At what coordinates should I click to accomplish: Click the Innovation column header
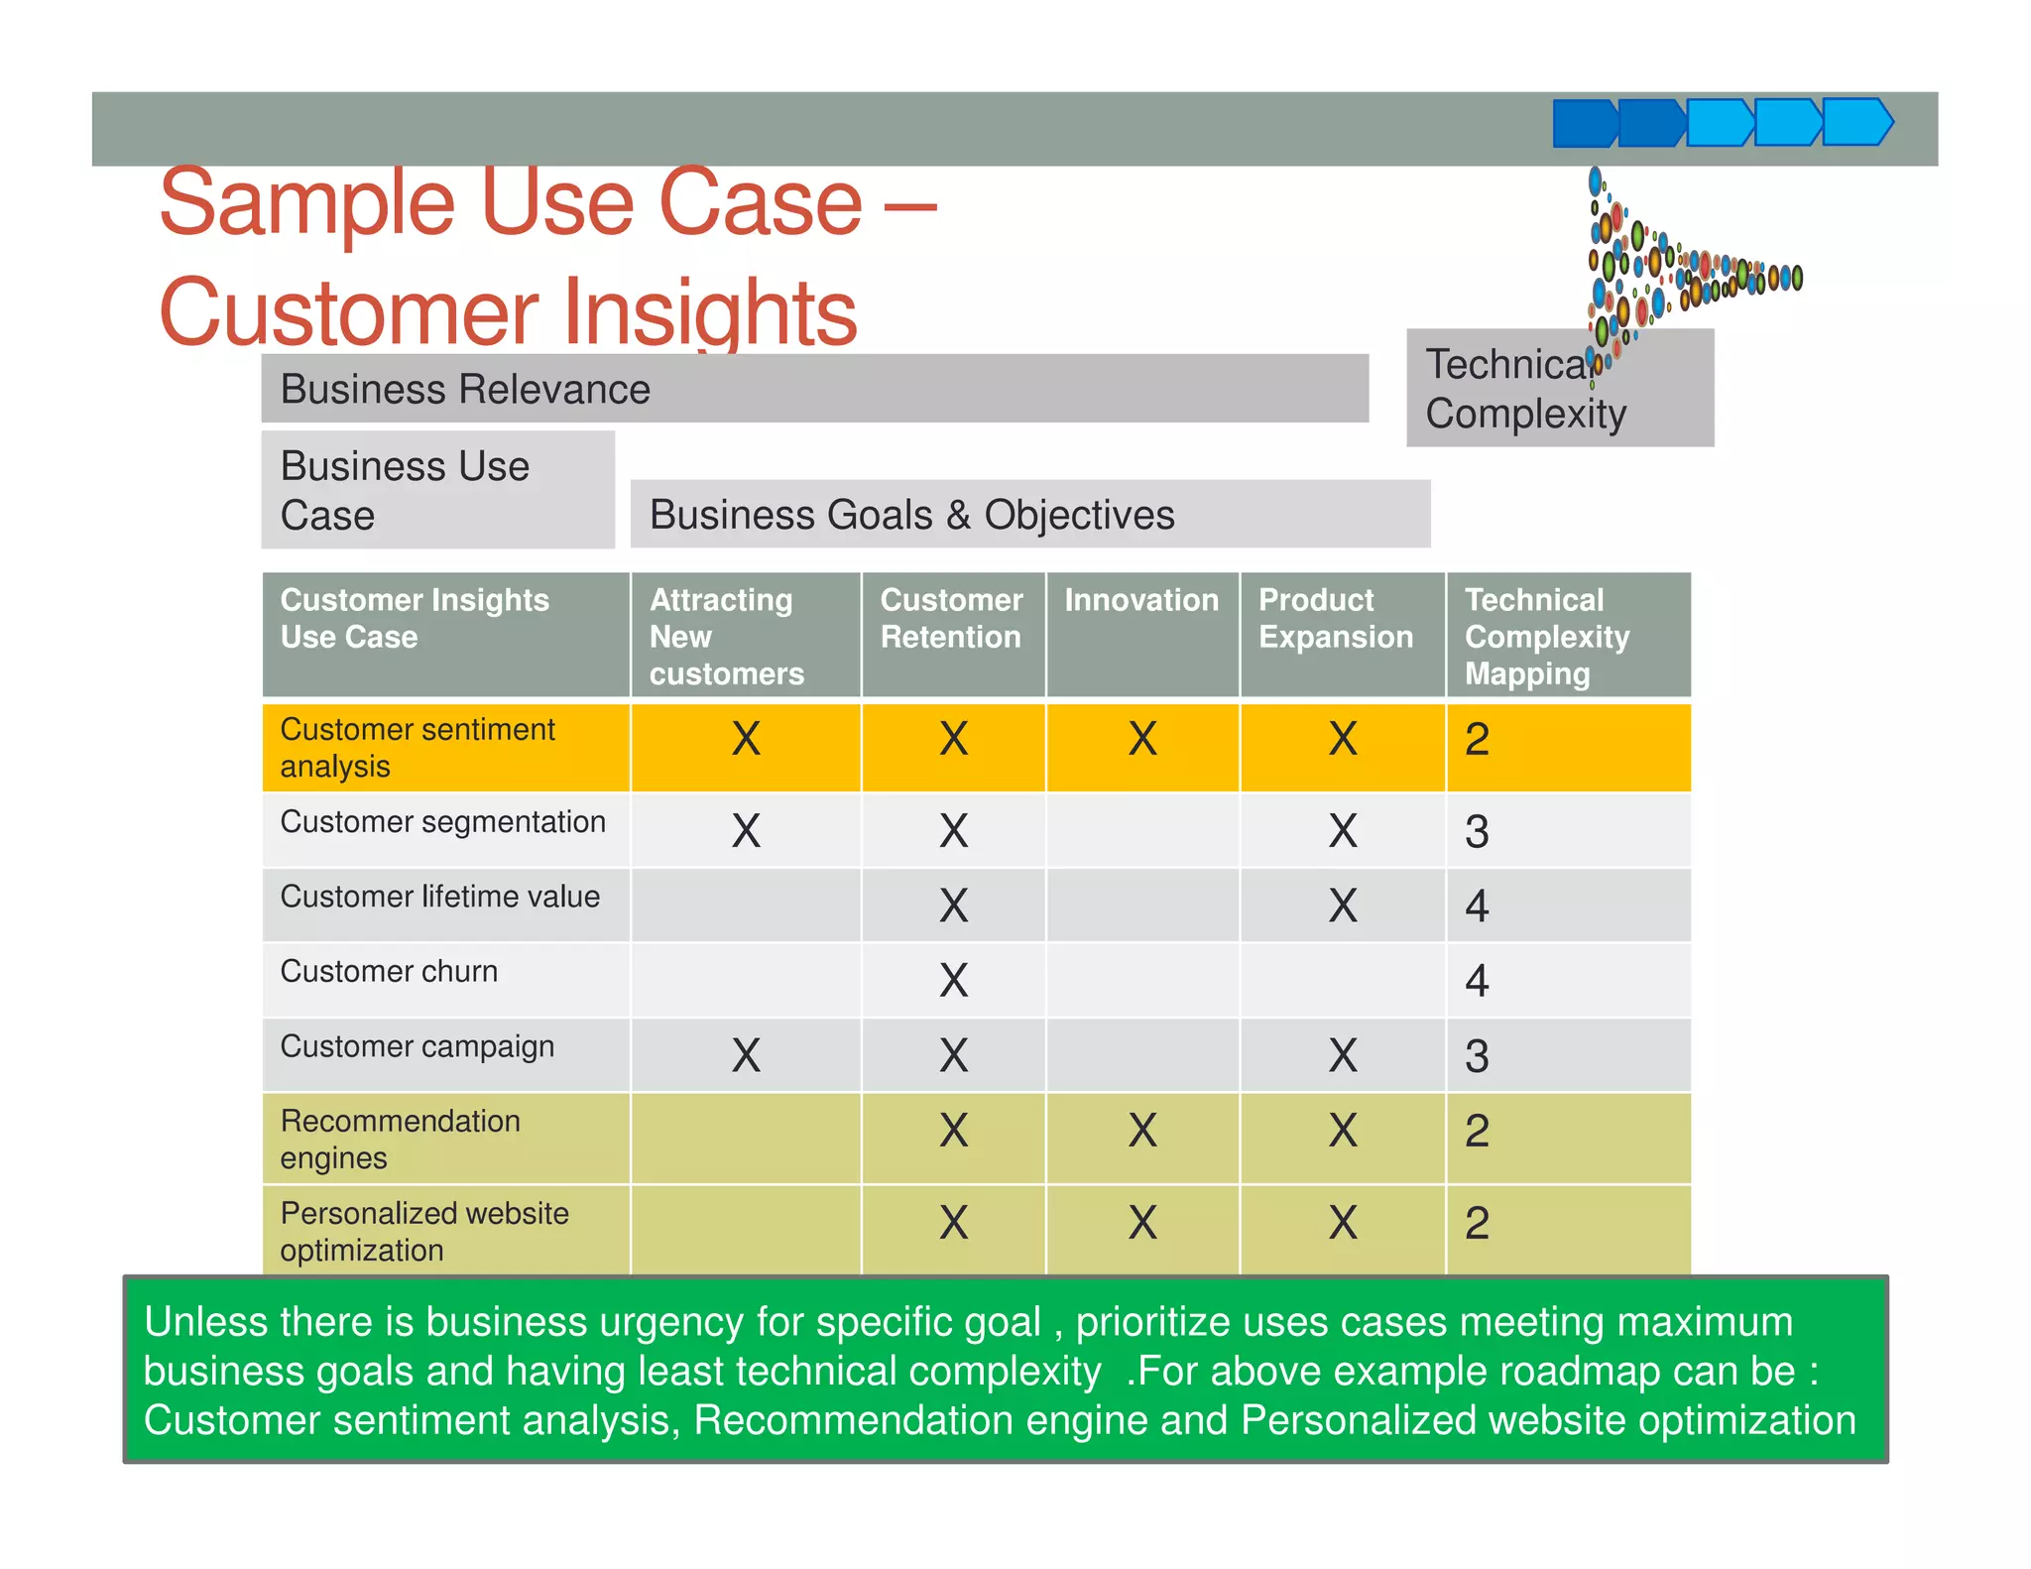click(1141, 600)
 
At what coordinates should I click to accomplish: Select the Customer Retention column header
click(951, 618)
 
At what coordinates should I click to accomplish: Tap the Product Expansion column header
click(1336, 618)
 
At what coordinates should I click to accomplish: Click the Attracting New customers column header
click(726, 636)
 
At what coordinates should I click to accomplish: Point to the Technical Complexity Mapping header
click(1547, 636)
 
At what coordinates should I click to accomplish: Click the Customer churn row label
click(389, 971)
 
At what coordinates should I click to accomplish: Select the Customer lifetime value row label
click(439, 897)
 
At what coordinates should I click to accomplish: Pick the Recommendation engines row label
click(400, 1139)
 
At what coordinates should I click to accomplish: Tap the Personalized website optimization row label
click(424, 1231)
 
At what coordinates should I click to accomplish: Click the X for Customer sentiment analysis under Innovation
click(1142, 739)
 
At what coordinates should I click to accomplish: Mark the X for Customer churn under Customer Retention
click(953, 980)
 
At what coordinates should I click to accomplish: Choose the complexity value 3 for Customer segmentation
click(1477, 831)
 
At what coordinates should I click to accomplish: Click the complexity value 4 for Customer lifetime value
click(1477, 905)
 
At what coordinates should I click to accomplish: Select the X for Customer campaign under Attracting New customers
click(746, 1055)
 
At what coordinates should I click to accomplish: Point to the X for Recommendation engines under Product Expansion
click(1343, 1131)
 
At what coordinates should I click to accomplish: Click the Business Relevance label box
click(813, 389)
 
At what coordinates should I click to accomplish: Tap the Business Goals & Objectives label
click(911, 515)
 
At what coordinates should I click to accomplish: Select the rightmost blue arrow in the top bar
click(1856, 123)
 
